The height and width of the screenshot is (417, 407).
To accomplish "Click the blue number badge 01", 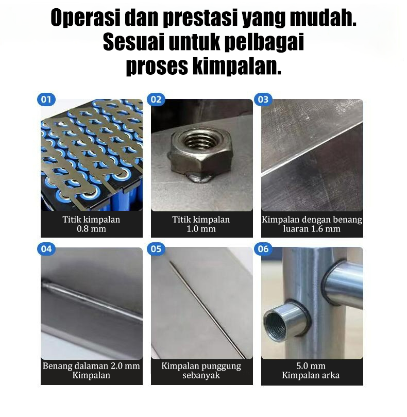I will (x=46, y=99).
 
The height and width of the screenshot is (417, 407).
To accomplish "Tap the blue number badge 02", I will (x=156, y=99).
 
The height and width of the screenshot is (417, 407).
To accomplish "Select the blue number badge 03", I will (x=263, y=99).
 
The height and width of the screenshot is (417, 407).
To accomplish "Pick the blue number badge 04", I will (x=46, y=249).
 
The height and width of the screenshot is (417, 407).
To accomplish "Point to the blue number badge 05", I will (x=156, y=249).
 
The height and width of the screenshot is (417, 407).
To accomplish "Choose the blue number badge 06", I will (x=263, y=249).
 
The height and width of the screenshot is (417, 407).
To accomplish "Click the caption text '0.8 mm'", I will (x=91, y=229).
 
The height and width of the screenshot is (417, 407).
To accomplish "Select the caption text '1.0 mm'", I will (x=201, y=229).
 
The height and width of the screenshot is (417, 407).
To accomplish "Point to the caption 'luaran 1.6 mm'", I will (x=312, y=229).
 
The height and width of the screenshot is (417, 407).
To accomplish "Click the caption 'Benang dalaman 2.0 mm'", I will (x=91, y=366).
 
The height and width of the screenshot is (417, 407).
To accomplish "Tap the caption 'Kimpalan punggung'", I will (x=201, y=366).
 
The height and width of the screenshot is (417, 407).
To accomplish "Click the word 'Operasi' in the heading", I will (x=84, y=19).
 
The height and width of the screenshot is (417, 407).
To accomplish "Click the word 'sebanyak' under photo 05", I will (x=201, y=375).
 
